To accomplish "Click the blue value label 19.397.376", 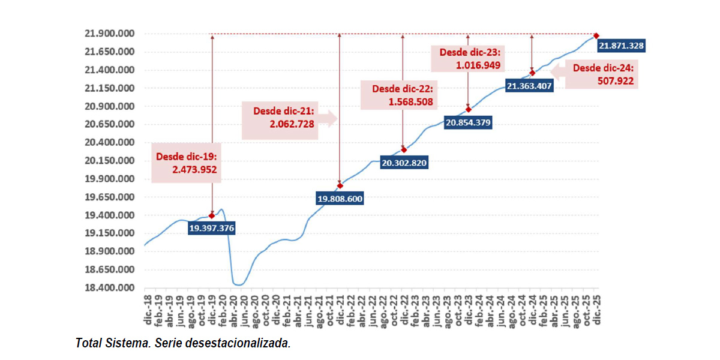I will pos(211,229).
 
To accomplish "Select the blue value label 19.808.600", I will pos(340,198).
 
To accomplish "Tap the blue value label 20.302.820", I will pos(405,163).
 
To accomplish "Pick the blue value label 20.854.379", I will pos(468,122).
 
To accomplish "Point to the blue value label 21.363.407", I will pos(529,86).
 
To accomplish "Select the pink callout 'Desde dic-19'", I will pos(186,163).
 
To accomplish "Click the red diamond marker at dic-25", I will pos(596,36).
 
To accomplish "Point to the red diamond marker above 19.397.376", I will pos(212,215).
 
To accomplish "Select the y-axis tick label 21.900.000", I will pos(109,34).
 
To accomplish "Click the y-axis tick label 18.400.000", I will pos(109,288).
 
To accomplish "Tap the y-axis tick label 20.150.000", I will pos(109,161).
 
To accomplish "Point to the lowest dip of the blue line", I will pos(238,285).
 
